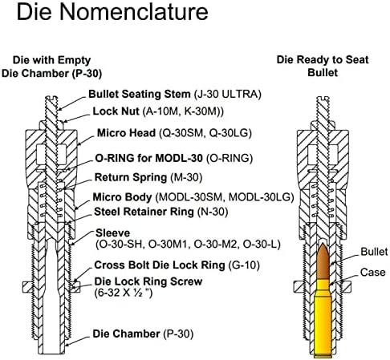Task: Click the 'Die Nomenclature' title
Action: coord(112,12)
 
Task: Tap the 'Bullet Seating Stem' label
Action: coord(140,94)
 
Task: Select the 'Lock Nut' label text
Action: coord(116,111)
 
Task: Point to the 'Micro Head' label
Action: coord(126,133)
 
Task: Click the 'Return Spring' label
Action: coord(131,177)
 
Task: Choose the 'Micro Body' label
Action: coord(122,197)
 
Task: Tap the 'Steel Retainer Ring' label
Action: coord(144,212)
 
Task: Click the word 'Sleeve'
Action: coord(112,233)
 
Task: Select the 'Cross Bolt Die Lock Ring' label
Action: coord(160,265)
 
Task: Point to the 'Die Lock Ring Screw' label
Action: coord(148,281)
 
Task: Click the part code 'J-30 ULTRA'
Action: coord(227,94)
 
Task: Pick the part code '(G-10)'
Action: coord(244,265)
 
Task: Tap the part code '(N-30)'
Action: coord(213,212)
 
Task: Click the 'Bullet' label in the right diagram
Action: coord(374,252)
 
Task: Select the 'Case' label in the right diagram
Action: coord(373,273)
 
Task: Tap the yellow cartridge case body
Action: coord(323,318)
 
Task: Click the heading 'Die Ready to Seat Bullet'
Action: coord(323,66)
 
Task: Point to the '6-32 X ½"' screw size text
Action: coord(124,293)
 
